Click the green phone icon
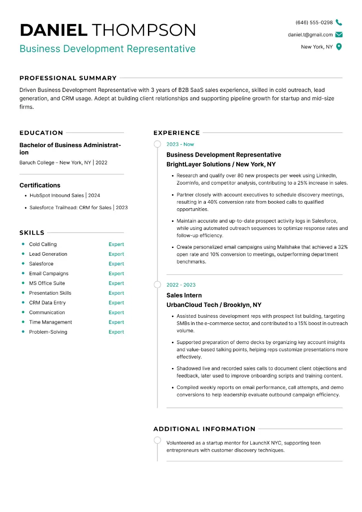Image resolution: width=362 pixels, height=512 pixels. click(339, 22)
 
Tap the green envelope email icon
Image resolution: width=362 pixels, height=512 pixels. click(339, 34)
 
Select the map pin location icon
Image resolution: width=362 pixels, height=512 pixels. click(339, 47)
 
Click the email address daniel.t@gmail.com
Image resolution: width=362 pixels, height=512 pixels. click(310, 34)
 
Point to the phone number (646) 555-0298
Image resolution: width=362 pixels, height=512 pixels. click(314, 22)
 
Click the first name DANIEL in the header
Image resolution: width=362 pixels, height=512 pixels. click(53, 30)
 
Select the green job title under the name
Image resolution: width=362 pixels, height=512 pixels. click(108, 48)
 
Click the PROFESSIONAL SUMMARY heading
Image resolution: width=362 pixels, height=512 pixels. click(68, 78)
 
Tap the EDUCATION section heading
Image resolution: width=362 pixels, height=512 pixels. click(41, 133)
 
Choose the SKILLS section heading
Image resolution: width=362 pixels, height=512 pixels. click(32, 233)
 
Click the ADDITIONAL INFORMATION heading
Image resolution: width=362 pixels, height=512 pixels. click(204, 429)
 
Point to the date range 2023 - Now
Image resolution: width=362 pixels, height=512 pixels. click(180, 144)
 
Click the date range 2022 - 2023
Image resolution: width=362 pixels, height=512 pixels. click(181, 285)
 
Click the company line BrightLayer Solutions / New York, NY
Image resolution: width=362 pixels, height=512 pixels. click(221, 164)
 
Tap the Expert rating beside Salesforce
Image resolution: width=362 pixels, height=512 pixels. click(116, 264)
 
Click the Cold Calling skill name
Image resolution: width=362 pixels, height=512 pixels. click(43, 244)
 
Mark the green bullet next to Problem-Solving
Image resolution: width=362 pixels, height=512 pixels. click(23, 332)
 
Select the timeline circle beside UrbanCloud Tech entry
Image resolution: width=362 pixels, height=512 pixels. click(157, 285)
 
